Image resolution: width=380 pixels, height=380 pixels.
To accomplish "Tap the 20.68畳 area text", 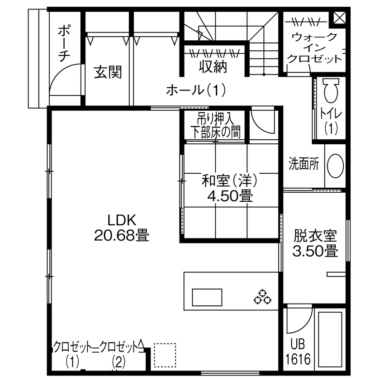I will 121,235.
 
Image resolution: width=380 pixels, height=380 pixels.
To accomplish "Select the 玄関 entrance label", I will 108,72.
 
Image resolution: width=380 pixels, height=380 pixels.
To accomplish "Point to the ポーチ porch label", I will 64,43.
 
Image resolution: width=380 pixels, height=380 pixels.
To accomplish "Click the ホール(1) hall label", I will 196,90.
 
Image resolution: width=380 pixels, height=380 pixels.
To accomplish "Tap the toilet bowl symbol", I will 332,90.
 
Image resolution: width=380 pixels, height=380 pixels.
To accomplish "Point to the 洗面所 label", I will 304,164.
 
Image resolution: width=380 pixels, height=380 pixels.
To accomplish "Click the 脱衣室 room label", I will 315,236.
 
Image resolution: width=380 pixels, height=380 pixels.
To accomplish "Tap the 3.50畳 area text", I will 315,251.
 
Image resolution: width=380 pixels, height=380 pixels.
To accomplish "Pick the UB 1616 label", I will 298,353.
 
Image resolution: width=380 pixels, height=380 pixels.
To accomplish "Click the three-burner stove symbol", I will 262,296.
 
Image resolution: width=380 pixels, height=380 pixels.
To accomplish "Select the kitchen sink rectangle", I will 208,297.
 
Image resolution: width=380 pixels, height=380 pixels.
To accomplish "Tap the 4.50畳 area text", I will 230,196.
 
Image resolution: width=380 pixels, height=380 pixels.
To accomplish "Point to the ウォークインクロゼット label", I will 314,48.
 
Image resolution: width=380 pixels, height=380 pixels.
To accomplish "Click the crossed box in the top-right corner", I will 340,17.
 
